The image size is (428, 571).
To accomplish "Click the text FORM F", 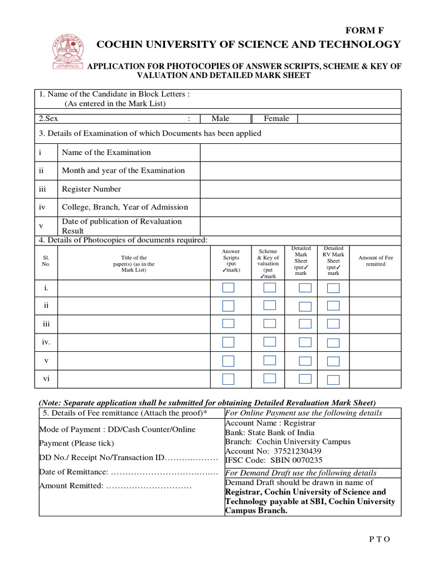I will [365, 31].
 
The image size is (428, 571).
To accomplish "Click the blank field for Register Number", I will [300, 189].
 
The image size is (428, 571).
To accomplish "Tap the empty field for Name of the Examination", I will [300, 152].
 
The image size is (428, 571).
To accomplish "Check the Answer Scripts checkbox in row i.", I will [228, 288].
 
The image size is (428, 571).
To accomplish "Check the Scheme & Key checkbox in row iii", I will [270, 323].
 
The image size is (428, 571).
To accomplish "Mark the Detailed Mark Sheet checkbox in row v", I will [305, 361].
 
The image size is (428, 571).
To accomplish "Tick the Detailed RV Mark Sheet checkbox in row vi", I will [333, 380].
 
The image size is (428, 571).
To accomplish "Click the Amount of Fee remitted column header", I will [375, 261].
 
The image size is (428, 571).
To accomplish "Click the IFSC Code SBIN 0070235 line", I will [273, 460].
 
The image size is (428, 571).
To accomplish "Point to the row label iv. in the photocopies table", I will [46, 342].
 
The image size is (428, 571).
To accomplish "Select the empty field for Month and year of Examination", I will [300, 171].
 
